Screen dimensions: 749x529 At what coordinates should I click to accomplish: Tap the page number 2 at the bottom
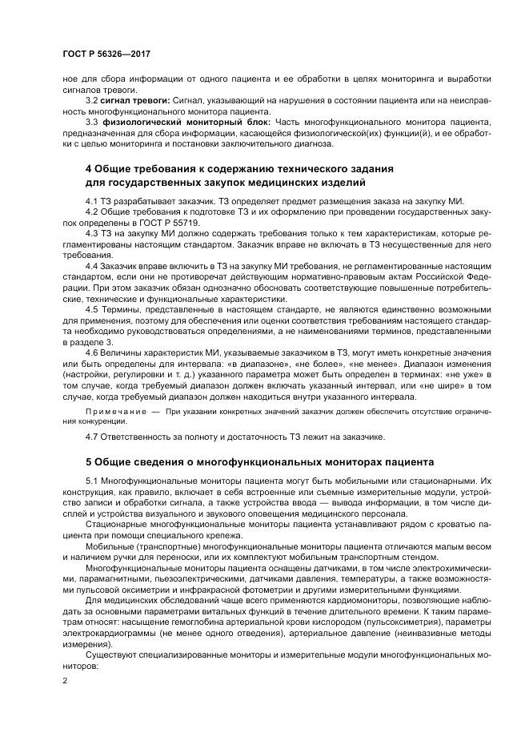click(65, 680)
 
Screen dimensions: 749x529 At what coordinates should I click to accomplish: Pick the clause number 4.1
click(91, 199)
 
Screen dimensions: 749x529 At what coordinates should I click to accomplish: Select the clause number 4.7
click(91, 437)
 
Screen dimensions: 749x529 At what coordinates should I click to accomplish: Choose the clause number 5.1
click(91, 479)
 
